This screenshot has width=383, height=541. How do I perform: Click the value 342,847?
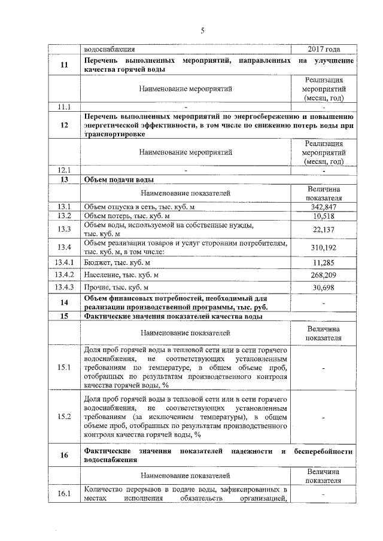click(323, 206)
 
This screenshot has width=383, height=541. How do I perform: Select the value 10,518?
click(323, 216)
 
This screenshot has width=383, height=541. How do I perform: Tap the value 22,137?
click(323, 230)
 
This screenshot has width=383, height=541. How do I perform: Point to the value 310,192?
click(323, 247)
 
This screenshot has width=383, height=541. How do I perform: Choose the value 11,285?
click(323, 262)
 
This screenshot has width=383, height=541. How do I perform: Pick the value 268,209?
click(323, 275)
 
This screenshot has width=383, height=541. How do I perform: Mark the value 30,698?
click(323, 288)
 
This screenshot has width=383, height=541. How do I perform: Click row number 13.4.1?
click(64, 262)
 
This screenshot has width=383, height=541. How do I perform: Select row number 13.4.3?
click(64, 288)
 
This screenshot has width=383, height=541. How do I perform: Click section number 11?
click(64, 66)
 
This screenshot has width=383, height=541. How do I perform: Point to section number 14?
click(64, 303)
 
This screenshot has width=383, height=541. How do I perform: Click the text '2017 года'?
click(323, 50)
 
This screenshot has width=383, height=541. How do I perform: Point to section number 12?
click(64, 126)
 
